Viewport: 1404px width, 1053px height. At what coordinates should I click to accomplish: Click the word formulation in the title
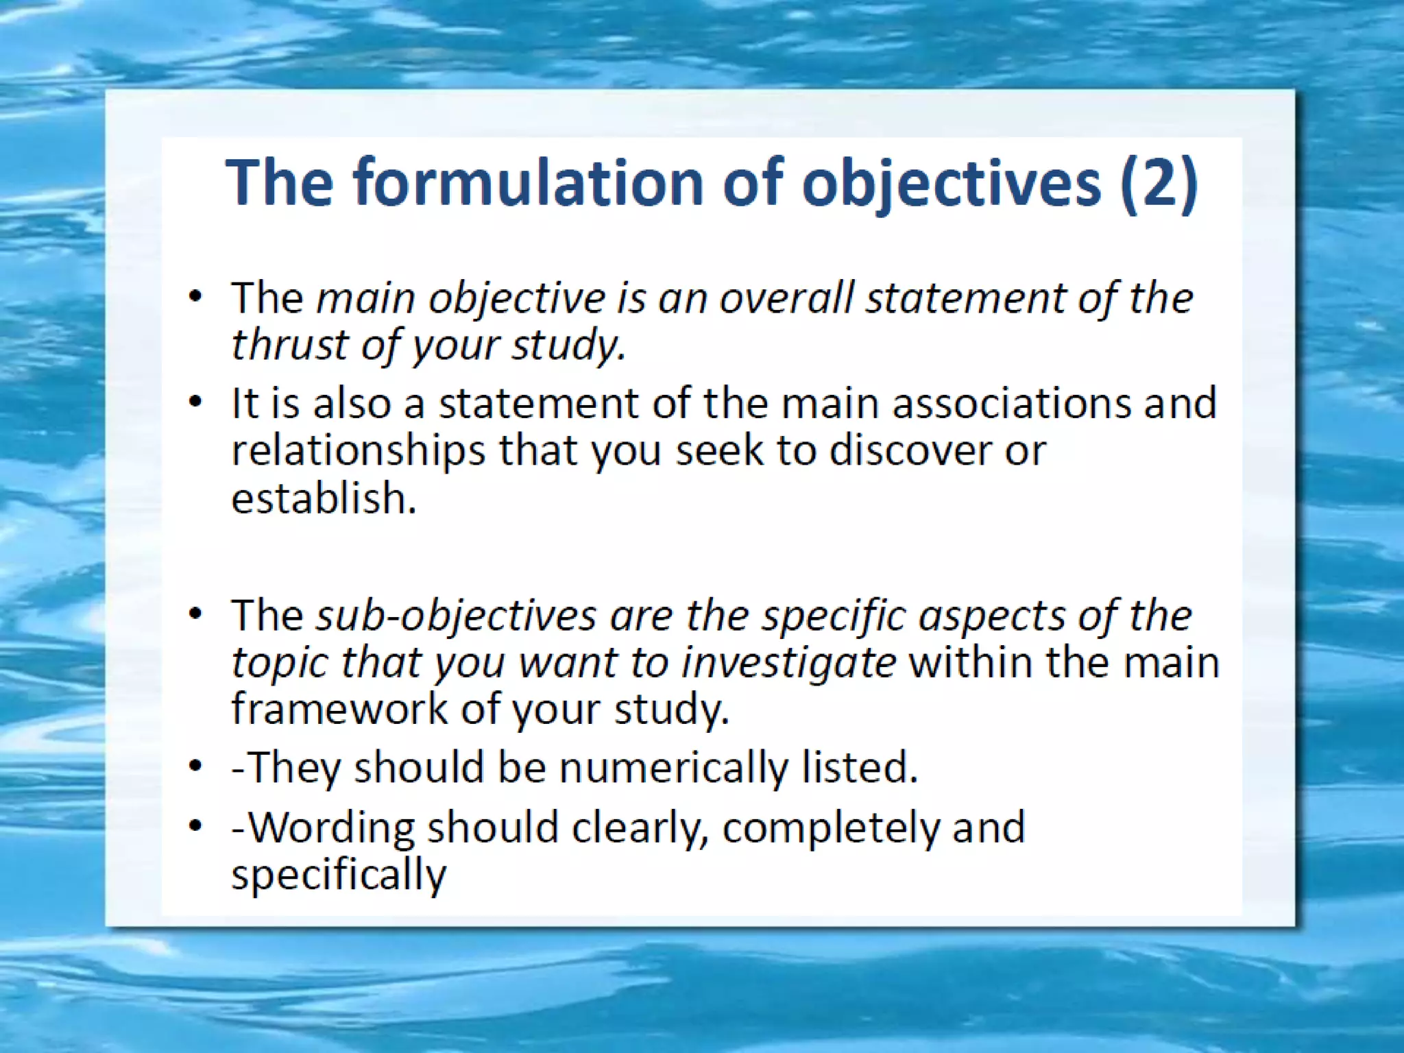[528, 182]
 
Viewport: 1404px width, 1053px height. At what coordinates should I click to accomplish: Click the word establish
[323, 498]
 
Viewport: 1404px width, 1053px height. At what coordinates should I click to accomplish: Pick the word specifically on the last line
[339, 875]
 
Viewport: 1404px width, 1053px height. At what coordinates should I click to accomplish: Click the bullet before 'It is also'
[196, 402]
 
